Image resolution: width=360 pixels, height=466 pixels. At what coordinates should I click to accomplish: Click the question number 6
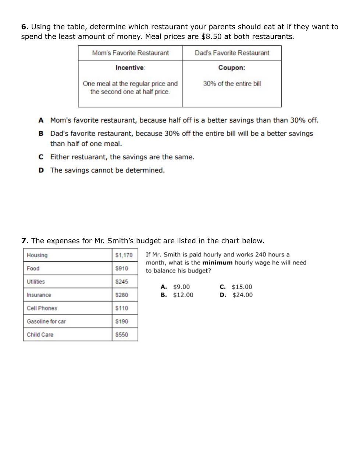[x=24, y=27]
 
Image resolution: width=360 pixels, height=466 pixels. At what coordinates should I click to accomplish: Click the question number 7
[x=24, y=241]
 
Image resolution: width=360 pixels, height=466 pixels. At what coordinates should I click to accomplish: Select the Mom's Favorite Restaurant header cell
[x=131, y=53]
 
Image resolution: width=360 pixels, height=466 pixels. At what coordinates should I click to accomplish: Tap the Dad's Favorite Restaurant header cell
[x=232, y=53]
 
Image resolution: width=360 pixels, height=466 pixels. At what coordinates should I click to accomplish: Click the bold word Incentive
[x=130, y=68]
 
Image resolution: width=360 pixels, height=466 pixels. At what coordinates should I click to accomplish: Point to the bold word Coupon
[x=231, y=68]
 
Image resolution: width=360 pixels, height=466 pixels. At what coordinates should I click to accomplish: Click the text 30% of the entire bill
[x=232, y=84]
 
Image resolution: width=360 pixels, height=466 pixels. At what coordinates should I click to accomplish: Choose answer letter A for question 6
[x=41, y=120]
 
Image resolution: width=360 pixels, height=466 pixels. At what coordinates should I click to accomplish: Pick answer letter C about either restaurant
[x=41, y=157]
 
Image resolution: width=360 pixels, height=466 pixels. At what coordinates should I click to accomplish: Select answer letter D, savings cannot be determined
[x=41, y=170]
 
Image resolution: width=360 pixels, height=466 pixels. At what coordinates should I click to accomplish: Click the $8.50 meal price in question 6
[x=211, y=37]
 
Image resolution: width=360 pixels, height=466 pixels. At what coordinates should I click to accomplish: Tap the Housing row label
[x=37, y=255]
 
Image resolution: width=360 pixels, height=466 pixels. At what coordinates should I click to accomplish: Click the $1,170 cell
[x=124, y=255]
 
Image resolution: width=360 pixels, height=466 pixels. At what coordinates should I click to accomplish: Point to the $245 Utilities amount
[x=122, y=282]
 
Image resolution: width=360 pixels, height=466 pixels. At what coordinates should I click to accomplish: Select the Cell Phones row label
[x=42, y=308]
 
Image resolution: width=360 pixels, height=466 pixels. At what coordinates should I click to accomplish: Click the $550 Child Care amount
[x=122, y=335]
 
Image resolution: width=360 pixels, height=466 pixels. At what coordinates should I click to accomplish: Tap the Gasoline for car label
[x=46, y=322]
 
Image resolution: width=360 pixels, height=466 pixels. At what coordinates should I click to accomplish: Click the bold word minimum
[x=217, y=263]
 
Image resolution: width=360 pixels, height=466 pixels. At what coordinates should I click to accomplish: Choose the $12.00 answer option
[x=183, y=295]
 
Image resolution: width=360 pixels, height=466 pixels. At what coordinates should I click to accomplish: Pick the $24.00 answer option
[x=242, y=295]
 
